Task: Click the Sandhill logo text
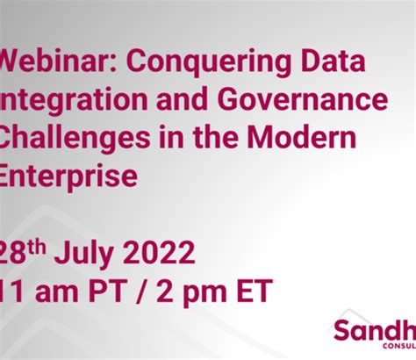[374, 332]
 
